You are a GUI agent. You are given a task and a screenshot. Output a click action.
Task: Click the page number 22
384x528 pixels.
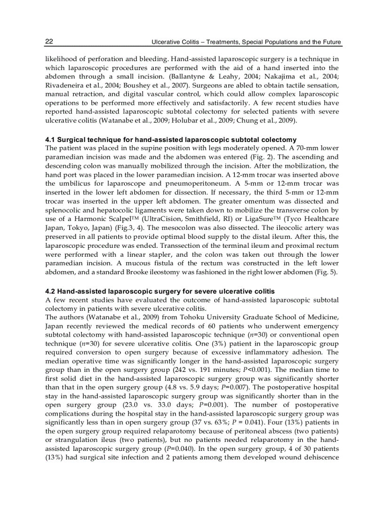49,42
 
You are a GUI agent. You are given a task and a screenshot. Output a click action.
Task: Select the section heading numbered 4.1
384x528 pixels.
171,140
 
